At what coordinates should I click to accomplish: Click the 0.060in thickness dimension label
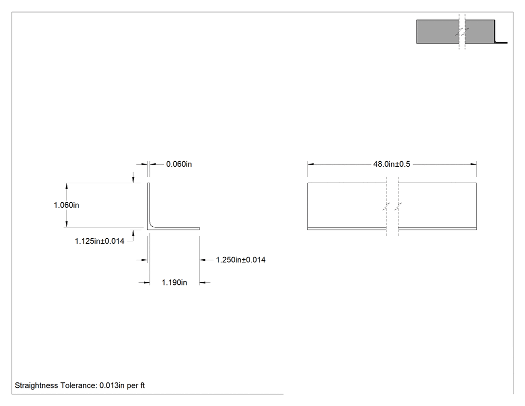click(179, 164)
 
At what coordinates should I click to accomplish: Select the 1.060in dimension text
click(66, 205)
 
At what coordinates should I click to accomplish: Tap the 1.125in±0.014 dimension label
click(99, 241)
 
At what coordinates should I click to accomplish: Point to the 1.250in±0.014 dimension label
click(240, 260)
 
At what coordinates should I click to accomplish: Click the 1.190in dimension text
click(174, 283)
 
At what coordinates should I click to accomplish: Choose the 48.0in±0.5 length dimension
click(391, 164)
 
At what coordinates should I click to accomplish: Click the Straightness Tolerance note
click(79, 385)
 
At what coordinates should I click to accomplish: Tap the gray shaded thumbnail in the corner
click(455, 32)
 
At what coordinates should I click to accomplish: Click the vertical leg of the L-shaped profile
click(148, 205)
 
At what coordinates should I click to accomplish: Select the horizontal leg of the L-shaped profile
click(174, 228)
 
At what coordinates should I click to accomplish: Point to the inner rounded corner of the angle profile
click(151, 225)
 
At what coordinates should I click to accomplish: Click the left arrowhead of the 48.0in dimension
click(310, 164)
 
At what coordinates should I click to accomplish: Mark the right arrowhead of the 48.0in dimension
click(473, 164)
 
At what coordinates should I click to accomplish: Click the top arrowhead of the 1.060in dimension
click(66, 186)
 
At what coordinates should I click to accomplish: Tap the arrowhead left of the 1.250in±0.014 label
click(202, 260)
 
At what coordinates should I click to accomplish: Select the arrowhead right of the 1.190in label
click(202, 283)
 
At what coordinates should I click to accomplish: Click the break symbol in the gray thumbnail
click(462, 32)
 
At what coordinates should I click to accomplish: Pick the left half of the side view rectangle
click(347, 206)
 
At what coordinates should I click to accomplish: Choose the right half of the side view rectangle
click(437, 206)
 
